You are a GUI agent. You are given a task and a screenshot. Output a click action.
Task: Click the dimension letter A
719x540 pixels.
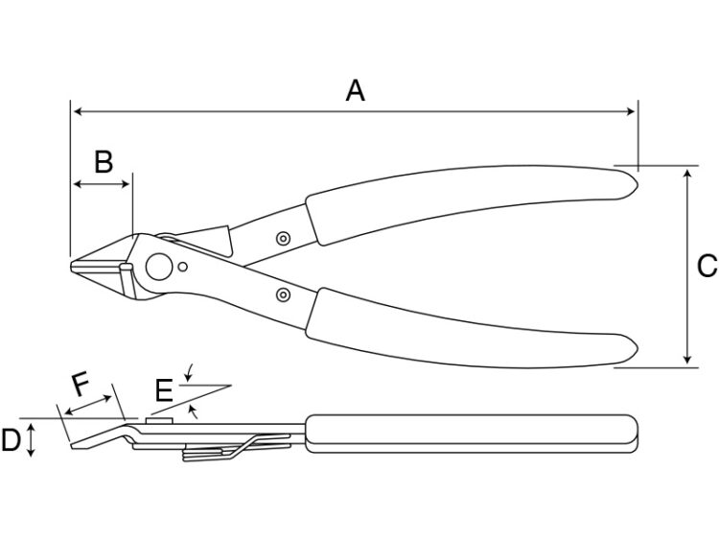356,90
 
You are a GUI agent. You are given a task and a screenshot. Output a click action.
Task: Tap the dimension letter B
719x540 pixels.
104,161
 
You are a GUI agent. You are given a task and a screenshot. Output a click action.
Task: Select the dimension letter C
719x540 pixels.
707,266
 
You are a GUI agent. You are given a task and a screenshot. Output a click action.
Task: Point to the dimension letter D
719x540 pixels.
11,440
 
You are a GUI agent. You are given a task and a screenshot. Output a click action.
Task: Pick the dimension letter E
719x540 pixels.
164,391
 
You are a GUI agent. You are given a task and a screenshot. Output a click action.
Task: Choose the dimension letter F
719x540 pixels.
81,385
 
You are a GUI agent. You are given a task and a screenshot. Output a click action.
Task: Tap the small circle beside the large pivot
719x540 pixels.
182,267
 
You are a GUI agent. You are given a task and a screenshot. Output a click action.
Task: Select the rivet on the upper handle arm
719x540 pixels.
284,238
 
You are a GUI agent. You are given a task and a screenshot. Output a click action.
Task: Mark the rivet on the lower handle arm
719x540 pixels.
284,294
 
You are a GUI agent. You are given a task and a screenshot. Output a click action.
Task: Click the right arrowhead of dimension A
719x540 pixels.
631,111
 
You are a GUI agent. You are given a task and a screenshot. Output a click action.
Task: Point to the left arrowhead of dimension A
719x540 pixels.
78,111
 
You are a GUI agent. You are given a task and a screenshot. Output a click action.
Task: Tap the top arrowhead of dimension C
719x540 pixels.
686,174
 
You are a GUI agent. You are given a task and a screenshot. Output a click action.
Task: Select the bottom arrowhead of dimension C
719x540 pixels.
686,360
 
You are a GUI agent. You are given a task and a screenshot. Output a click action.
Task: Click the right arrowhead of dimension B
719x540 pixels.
126,184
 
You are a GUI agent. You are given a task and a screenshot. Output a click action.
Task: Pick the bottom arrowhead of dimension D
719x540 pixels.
31,453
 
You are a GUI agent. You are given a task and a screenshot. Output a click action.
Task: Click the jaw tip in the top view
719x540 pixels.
72,266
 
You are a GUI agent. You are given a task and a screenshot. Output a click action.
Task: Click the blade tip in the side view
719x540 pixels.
73,446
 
